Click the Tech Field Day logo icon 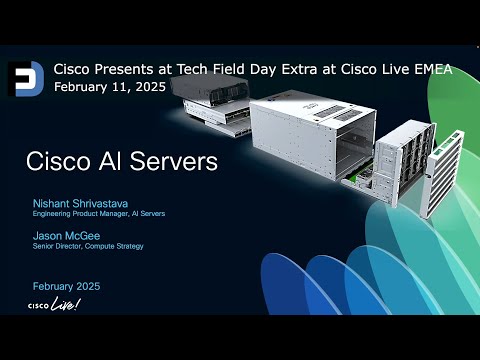click(x=23, y=78)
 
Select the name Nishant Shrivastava click(x=82, y=203)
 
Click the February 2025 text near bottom click(x=66, y=286)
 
